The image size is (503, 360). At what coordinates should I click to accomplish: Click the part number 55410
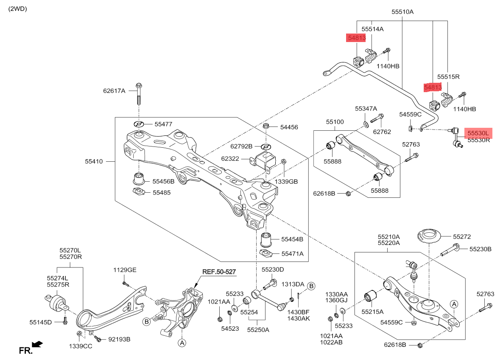(93, 161)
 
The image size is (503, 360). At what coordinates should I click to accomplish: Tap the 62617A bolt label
(114, 90)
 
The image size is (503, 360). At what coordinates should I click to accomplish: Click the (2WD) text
(18, 8)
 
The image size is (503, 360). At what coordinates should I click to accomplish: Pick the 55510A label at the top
(402, 12)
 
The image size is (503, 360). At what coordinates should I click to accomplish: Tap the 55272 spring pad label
(461, 236)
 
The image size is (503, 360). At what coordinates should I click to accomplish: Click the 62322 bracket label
(230, 159)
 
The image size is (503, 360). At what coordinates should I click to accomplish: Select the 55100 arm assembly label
(335, 122)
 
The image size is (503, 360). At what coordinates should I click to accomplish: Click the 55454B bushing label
(292, 239)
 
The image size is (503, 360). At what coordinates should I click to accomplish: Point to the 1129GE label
(125, 270)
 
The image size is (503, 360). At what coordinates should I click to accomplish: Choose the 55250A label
(259, 329)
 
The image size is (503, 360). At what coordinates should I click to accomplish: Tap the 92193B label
(119, 339)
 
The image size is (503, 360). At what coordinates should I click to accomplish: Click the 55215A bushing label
(372, 311)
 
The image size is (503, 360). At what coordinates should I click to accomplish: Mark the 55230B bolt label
(480, 249)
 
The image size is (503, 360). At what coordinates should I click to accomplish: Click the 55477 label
(163, 124)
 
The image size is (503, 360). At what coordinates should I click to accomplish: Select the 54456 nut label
(289, 127)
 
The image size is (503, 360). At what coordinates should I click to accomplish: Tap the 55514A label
(372, 29)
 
